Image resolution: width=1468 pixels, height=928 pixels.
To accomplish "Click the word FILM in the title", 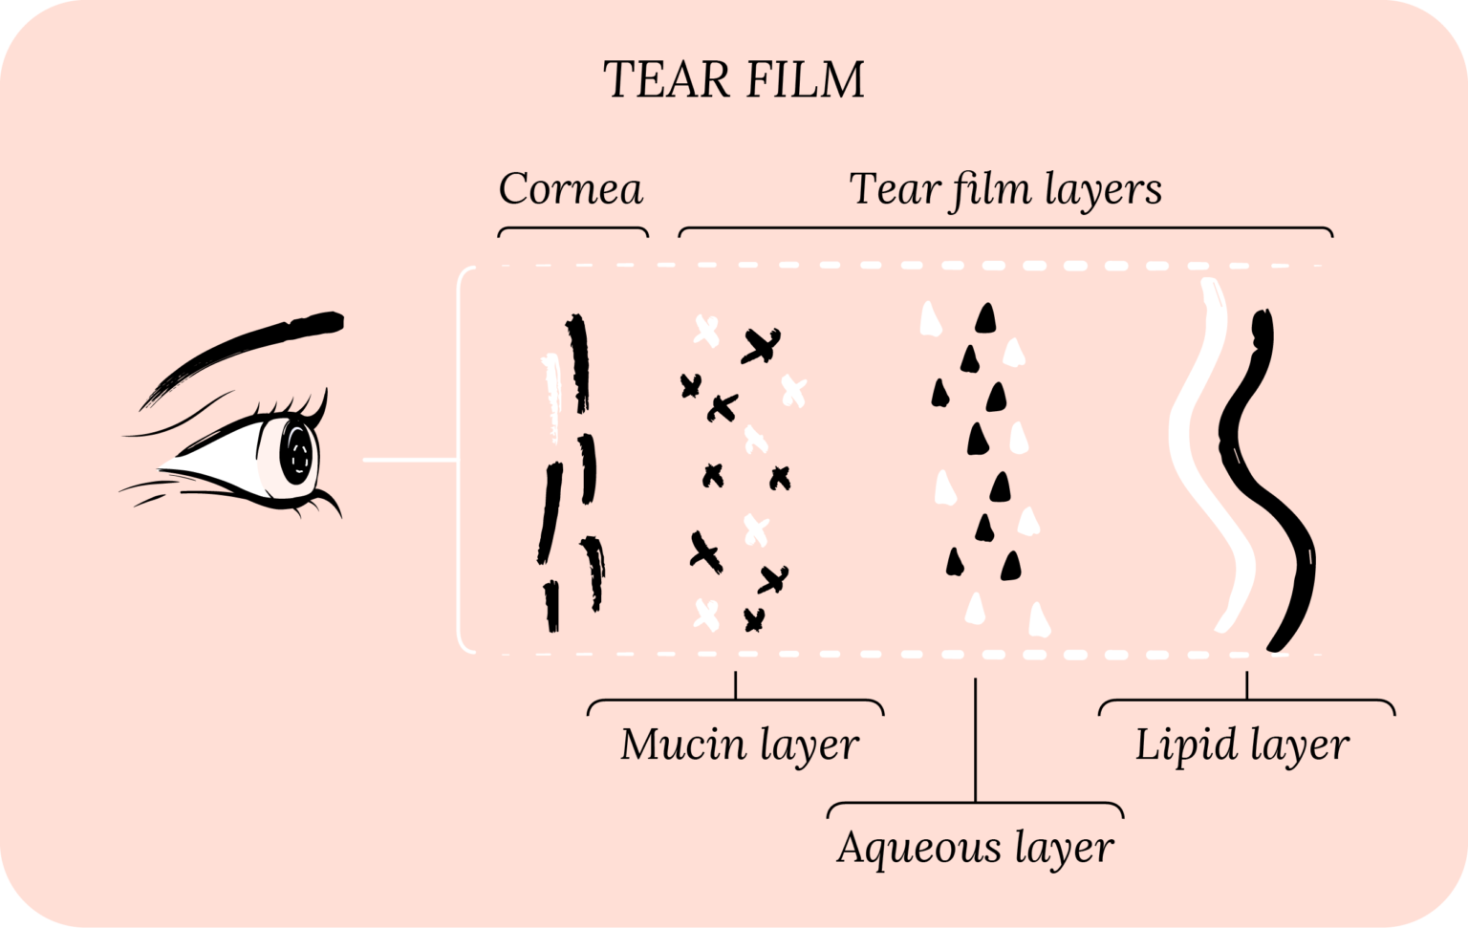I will coord(805,80).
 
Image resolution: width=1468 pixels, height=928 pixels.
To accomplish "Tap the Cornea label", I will coord(571,189).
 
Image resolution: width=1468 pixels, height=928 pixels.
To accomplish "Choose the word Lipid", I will coord(1177,745).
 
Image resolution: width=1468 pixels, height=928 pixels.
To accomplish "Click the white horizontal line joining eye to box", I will coord(409,461).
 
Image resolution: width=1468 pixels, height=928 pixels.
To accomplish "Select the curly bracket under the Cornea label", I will coord(572,230).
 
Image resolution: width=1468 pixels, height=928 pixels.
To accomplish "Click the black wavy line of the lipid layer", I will coord(1271,478).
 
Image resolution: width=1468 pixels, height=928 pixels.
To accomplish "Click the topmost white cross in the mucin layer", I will coord(706,332).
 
